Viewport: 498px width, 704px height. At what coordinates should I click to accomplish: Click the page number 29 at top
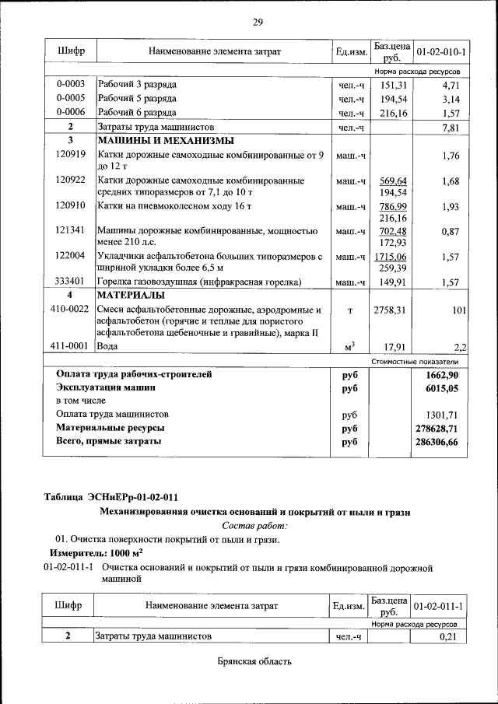(x=258, y=22)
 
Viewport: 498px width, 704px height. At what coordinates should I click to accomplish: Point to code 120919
(x=70, y=155)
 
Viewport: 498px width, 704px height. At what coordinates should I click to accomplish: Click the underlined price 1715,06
(x=391, y=256)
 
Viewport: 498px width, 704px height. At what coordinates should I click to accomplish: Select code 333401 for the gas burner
(x=70, y=282)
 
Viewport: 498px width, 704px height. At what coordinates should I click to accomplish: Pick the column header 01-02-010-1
(x=441, y=52)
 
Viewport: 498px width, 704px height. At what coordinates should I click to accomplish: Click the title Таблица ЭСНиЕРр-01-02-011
(x=116, y=497)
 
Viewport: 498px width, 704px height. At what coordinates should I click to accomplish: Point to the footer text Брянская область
(x=254, y=662)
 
